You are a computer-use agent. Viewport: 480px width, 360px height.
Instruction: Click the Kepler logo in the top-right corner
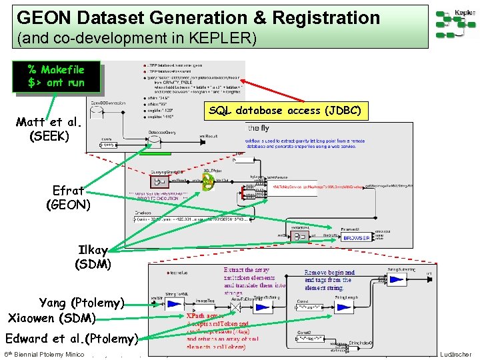pyautogui.click(x=455, y=24)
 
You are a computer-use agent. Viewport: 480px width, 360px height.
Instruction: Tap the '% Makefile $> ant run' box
pyautogui.click(x=56, y=76)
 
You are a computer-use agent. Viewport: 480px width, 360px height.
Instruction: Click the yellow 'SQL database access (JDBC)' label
pyautogui.click(x=285, y=111)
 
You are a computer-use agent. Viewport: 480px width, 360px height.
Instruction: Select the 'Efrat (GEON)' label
pyautogui.click(x=68, y=197)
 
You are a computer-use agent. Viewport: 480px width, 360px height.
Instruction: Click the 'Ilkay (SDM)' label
pyautogui.click(x=93, y=257)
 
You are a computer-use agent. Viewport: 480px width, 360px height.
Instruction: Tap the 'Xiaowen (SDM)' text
pyautogui.click(x=52, y=318)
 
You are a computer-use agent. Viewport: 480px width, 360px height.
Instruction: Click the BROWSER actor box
pyautogui.click(x=357, y=237)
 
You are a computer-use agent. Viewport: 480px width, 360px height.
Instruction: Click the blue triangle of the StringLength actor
pyautogui.click(x=397, y=307)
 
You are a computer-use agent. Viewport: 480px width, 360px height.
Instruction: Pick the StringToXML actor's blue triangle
pyautogui.click(x=175, y=304)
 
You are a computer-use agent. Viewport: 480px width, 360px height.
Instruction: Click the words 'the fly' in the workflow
pyautogui.click(x=259, y=128)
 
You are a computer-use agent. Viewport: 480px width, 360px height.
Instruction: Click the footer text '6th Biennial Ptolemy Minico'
pyautogui.click(x=44, y=354)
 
